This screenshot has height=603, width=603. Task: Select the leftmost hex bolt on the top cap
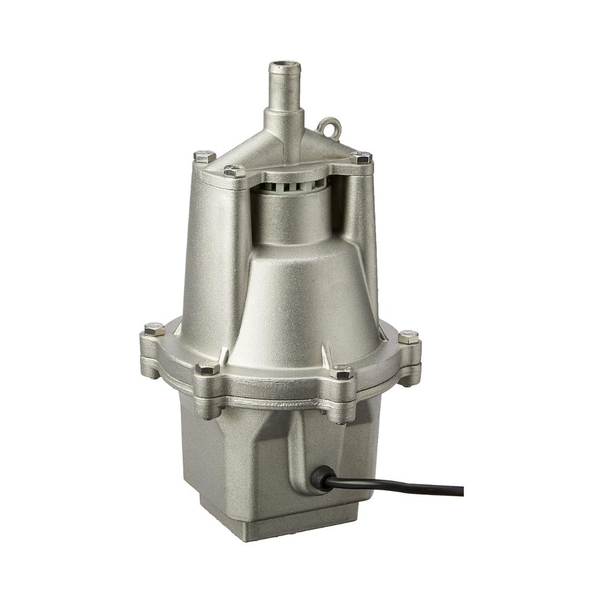[201, 156]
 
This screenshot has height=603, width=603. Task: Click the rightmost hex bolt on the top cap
[360, 158]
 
